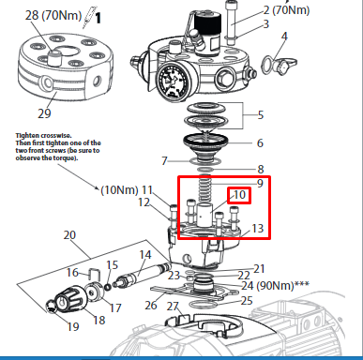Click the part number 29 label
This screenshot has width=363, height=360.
click(x=44, y=113)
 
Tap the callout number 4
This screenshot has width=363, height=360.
click(x=284, y=37)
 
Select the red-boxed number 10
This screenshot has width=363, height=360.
click(x=239, y=195)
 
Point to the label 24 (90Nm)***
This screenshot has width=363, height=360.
click(x=275, y=285)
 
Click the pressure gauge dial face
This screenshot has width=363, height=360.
click(x=173, y=81)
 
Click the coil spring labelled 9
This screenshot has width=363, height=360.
click(x=204, y=188)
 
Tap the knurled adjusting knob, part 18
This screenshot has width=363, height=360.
click(x=69, y=299)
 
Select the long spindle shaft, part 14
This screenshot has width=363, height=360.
click(x=143, y=275)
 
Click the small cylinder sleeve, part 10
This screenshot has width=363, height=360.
click(x=204, y=214)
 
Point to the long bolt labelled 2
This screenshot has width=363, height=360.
click(x=231, y=22)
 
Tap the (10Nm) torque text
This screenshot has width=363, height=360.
click(x=119, y=189)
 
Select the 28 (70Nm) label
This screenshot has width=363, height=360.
click(x=53, y=15)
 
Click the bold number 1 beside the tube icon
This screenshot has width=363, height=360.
click(x=98, y=18)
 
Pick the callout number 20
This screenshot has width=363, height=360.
click(x=69, y=234)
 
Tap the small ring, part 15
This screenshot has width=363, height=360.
click(x=108, y=287)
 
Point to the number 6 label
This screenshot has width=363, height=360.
click(x=260, y=142)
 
